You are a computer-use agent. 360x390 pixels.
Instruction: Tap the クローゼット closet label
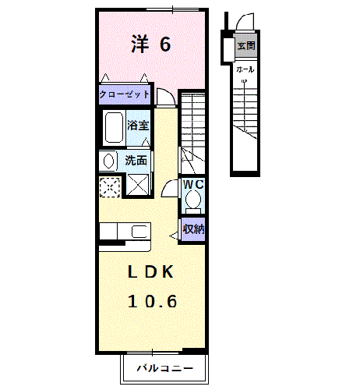124,94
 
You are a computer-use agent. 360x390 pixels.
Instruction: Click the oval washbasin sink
106,161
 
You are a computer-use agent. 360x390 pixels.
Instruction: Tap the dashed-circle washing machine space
109,186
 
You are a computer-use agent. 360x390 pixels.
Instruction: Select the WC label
193,185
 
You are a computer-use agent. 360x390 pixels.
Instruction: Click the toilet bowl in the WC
192,201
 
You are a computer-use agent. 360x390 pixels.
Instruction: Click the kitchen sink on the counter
140,232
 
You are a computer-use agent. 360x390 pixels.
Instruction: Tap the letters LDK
150,272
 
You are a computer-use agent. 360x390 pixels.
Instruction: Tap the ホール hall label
244,69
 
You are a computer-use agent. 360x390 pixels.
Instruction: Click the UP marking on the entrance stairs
244,81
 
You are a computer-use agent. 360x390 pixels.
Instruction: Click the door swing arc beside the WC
169,190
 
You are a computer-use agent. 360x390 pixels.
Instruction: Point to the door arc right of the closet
166,96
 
